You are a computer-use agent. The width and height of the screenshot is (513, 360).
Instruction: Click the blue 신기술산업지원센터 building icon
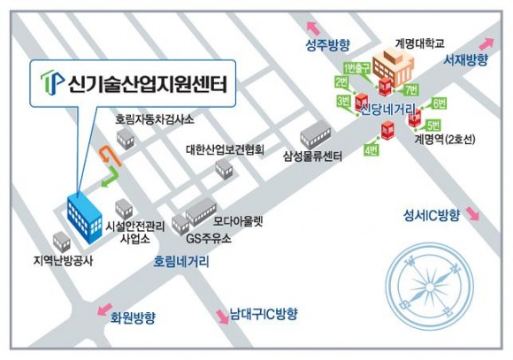point(84,217)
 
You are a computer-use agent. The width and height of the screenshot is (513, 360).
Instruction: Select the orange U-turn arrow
point(110,156)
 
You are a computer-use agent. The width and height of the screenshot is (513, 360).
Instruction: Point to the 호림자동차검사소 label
point(155,119)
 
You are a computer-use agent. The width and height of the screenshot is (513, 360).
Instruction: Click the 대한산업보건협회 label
point(225,149)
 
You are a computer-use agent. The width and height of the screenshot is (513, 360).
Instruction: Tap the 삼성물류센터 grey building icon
point(316,134)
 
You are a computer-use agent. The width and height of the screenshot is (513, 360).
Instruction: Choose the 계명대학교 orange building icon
point(394,66)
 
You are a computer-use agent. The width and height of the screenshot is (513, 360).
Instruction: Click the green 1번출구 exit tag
point(356,68)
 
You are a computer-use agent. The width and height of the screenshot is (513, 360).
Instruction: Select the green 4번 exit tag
point(371,149)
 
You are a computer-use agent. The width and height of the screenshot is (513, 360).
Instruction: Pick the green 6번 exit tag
point(440,103)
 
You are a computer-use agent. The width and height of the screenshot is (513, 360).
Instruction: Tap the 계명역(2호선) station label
point(445,140)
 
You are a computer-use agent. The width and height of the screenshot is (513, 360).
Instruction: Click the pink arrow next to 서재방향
point(488,43)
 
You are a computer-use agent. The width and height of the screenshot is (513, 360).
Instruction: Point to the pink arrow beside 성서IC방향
point(472,213)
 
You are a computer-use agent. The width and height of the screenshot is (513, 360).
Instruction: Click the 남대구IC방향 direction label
point(264,314)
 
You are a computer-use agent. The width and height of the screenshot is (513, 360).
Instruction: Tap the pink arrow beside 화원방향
point(104,310)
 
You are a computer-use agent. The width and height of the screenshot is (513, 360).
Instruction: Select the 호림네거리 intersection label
point(181,262)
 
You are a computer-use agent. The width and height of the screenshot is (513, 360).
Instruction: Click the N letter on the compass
point(455,270)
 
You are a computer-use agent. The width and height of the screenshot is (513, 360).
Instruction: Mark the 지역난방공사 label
point(63,261)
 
